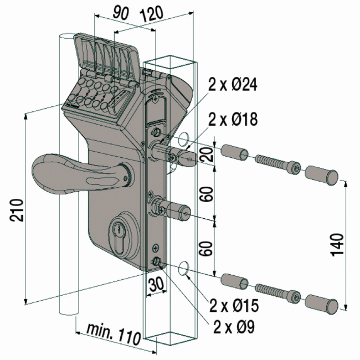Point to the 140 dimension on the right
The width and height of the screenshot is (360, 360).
click(x=338, y=242)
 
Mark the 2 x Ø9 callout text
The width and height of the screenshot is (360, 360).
click(x=234, y=327)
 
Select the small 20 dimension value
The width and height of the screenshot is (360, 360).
click(x=207, y=154)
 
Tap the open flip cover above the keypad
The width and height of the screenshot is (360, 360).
click(x=108, y=55)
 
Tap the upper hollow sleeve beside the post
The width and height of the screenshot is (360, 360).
click(x=235, y=152)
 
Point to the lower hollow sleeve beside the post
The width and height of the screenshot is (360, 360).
click(x=235, y=281)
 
